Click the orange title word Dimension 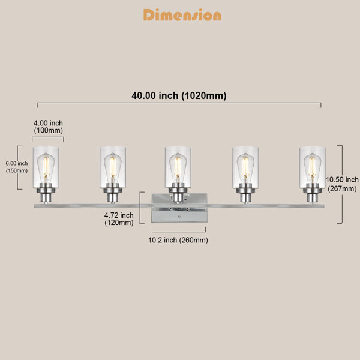pyautogui.click(x=182, y=15)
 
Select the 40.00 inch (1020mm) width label pyautogui.click(x=179, y=95)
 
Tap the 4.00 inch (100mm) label pyautogui.click(x=48, y=127)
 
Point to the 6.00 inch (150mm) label pyautogui.click(x=17, y=167)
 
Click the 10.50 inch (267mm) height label pyautogui.click(x=342, y=184)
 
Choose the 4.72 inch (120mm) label pyautogui.click(x=119, y=219)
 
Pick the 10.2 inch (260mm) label pyautogui.click(x=178, y=240)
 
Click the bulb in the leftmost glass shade pyautogui.click(x=46, y=168)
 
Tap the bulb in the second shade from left pyautogui.click(x=113, y=168)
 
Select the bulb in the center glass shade pyautogui.click(x=178, y=168)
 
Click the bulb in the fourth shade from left pyautogui.click(x=245, y=168)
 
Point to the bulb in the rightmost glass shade pyautogui.click(x=312, y=168)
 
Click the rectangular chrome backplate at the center pyautogui.click(x=179, y=208)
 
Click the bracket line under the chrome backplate pyautogui.click(x=179, y=230)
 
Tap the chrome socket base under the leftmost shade pyautogui.click(x=46, y=193)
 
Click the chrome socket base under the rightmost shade pyautogui.click(x=312, y=193)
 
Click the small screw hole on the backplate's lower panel pyautogui.click(x=179, y=217)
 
